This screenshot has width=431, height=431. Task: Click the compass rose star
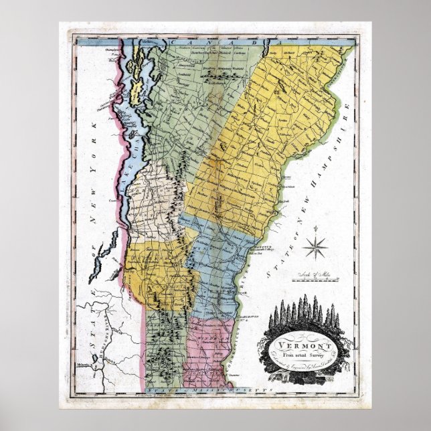click(x=315, y=248)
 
